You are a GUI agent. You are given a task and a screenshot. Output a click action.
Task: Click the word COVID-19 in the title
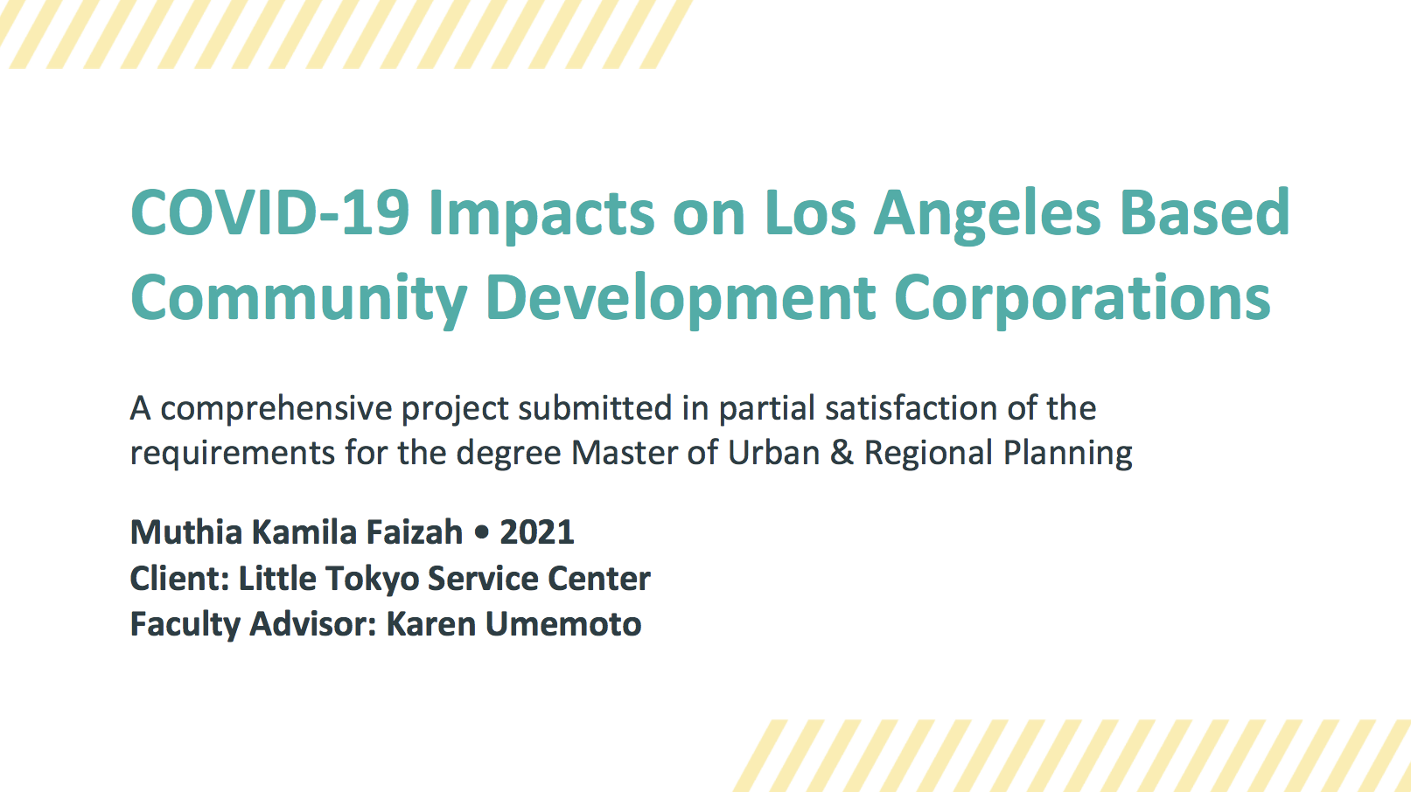[269, 212]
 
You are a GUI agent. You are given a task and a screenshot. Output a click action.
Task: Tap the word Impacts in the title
[541, 214]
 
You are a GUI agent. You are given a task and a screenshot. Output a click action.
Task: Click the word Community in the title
[298, 299]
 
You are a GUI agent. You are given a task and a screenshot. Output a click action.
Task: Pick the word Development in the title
[681, 299]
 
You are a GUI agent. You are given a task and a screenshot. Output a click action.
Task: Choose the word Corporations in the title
[1082, 299]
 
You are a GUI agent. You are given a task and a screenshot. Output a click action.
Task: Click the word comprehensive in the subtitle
[275, 409]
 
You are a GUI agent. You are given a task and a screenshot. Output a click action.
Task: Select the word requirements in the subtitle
[233, 454]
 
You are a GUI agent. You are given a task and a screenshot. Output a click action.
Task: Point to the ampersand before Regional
[842, 453]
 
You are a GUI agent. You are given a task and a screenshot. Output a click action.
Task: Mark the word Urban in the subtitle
[773, 453]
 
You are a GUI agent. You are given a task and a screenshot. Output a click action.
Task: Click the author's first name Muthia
[185, 531]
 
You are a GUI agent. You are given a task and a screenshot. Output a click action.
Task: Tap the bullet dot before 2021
[480, 532]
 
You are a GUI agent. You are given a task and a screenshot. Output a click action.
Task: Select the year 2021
[536, 531]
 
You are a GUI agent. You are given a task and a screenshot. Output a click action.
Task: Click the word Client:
[179, 579]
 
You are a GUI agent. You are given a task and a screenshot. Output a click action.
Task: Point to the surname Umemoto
[563, 624]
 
